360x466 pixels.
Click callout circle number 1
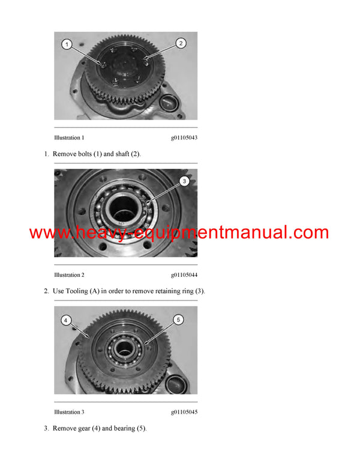67,44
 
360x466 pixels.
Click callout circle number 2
181,43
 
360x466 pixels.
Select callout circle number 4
66,319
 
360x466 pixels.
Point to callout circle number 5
178,319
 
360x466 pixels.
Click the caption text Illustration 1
69,138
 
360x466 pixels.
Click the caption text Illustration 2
69,275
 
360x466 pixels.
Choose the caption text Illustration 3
69,412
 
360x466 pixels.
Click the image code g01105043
184,138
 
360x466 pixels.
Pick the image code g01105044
184,275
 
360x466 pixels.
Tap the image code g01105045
184,412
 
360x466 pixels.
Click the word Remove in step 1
65,154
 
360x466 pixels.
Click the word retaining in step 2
166,291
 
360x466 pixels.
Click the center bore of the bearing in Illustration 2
125,209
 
